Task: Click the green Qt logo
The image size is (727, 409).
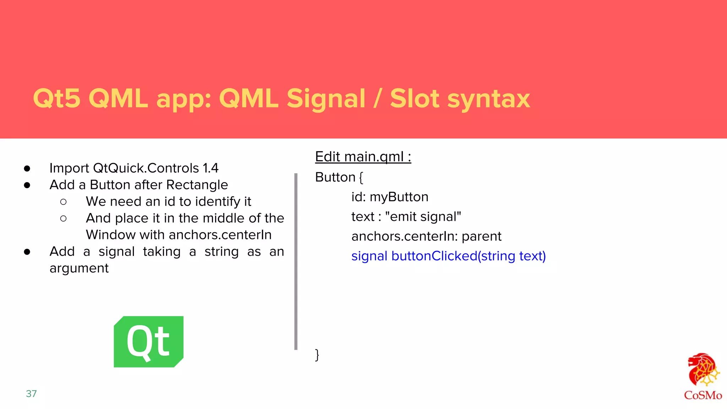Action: click(148, 342)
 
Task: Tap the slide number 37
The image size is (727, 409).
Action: click(31, 394)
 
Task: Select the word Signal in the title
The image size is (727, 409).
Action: click(326, 98)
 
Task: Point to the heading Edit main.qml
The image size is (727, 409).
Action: click(363, 157)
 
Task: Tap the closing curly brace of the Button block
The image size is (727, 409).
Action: click(317, 355)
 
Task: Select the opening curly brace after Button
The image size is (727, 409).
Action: click(361, 178)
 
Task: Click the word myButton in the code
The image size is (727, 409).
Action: click(399, 197)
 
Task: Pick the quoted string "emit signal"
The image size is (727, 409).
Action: click(423, 217)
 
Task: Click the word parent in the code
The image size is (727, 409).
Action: click(481, 236)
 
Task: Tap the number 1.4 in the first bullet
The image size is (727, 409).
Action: click(211, 168)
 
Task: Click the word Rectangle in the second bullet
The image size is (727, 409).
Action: click(197, 185)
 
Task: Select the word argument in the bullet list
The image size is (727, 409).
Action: click(79, 268)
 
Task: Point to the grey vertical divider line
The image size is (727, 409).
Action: click(296, 261)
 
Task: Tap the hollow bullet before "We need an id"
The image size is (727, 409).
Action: click(64, 202)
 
